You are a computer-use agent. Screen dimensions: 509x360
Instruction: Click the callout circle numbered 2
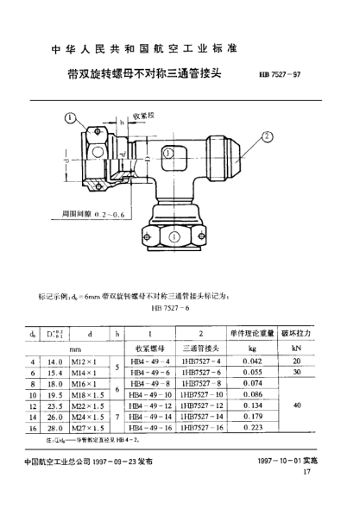pos(268,136)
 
